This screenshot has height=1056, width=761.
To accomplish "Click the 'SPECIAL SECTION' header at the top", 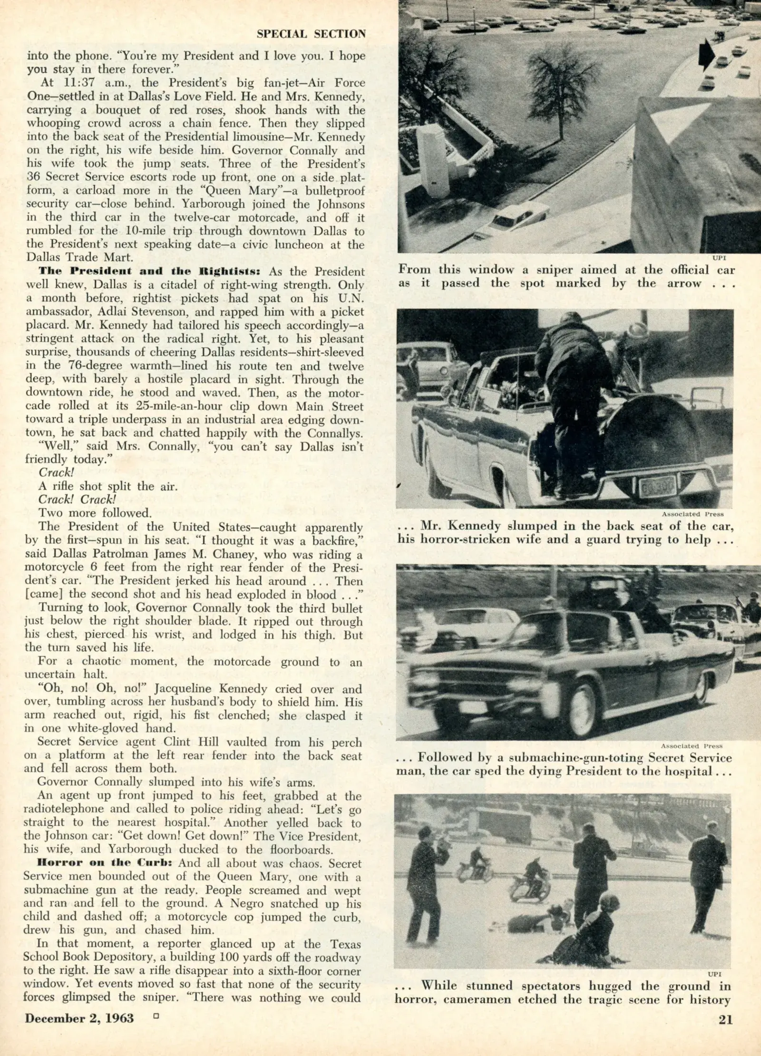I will tap(311, 34).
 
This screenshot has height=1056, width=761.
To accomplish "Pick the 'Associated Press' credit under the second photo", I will tap(693, 514).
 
